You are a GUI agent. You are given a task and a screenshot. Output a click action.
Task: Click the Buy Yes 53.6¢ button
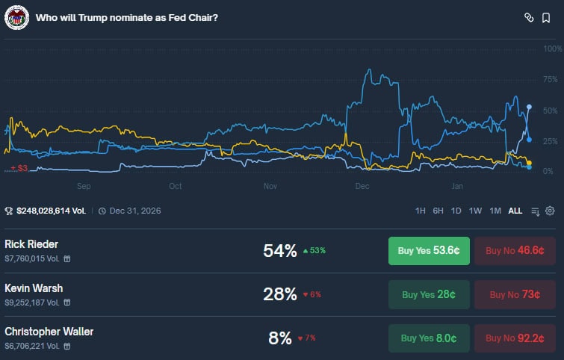click(x=429, y=251)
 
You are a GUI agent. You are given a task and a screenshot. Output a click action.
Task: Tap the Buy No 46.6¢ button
click(x=515, y=251)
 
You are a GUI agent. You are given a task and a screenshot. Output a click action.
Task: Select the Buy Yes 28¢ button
click(x=429, y=294)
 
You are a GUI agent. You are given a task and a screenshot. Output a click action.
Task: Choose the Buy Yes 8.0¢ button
click(x=429, y=338)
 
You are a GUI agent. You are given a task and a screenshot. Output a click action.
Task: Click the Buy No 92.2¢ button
click(x=515, y=338)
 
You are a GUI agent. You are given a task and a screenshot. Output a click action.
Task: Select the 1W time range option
click(x=475, y=211)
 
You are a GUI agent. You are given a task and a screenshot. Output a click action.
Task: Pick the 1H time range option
click(x=421, y=211)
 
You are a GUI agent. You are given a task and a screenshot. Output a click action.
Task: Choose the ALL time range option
click(x=515, y=211)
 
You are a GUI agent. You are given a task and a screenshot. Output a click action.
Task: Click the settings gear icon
click(x=550, y=211)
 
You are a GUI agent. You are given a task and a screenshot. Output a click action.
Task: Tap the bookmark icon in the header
click(x=546, y=17)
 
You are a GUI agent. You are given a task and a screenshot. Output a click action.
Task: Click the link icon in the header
click(x=528, y=17)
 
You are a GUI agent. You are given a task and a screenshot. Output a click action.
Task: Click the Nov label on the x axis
click(x=270, y=186)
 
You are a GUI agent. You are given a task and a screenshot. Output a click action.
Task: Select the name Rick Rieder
click(x=31, y=244)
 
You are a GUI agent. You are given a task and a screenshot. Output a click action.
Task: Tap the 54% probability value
click(x=280, y=251)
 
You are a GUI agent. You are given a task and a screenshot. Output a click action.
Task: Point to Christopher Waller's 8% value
click(x=280, y=338)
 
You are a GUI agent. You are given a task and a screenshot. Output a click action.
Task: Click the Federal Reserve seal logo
click(x=16, y=17)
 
